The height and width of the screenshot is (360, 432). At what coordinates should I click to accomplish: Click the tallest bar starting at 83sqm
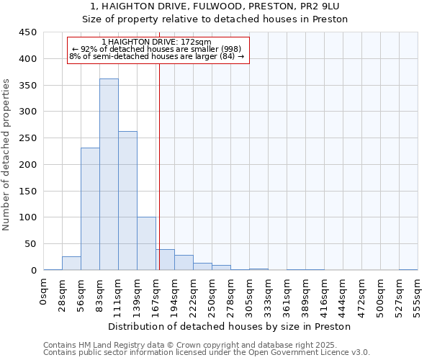click(x=109, y=174)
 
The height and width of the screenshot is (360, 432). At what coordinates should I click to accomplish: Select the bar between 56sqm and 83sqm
click(x=90, y=209)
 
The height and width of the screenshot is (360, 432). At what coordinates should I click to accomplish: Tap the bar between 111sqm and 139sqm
click(x=127, y=201)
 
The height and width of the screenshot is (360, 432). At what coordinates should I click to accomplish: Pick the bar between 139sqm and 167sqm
click(x=146, y=243)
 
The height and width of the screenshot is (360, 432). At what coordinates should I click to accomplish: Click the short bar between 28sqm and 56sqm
click(x=71, y=264)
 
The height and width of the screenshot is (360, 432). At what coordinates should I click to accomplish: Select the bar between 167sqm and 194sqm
click(x=165, y=260)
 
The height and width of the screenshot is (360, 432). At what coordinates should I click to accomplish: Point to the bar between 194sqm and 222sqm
click(x=184, y=263)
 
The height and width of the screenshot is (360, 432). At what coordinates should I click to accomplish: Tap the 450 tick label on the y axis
click(x=28, y=32)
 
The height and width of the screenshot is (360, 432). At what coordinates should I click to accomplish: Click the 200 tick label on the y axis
click(x=28, y=165)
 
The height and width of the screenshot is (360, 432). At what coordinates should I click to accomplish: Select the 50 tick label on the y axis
click(x=31, y=244)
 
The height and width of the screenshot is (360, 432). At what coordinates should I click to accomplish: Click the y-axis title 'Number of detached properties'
click(x=7, y=155)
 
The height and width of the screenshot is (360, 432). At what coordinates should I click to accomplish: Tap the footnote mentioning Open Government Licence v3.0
click(x=207, y=353)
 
